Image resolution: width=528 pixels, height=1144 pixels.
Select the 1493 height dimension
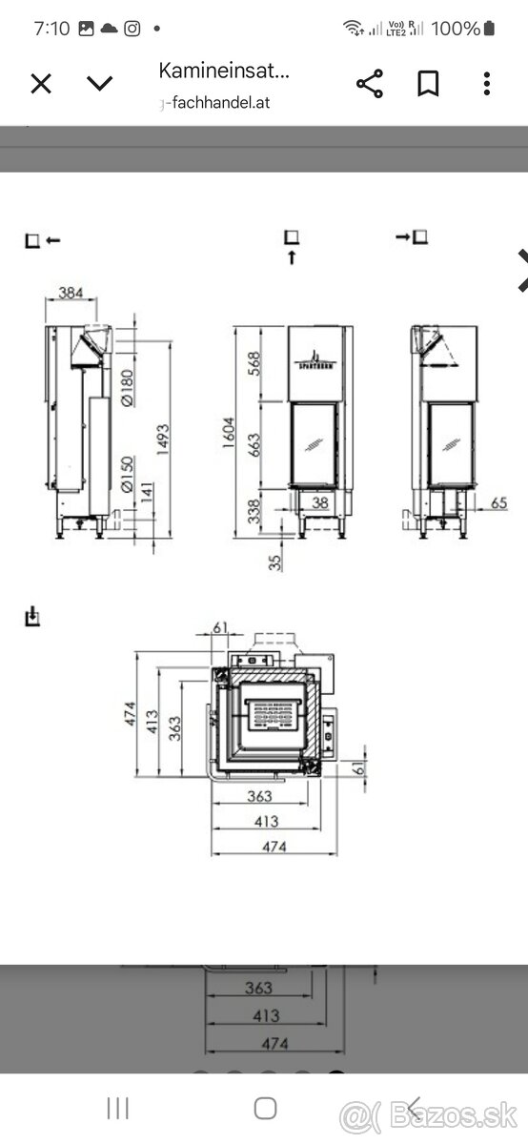tap(163, 439)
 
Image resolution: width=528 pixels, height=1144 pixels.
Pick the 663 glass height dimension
tap(279, 444)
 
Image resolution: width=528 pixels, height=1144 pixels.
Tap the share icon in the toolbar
tap(369, 84)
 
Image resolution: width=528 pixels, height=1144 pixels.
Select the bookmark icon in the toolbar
tap(428, 84)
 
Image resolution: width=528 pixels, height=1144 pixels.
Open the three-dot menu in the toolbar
tap(486, 84)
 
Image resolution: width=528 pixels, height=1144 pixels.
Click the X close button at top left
tap(41, 84)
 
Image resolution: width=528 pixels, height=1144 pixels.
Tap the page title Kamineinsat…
tap(223, 70)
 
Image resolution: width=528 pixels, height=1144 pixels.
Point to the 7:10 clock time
tap(51, 29)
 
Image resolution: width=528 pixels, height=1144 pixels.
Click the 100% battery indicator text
tap(456, 29)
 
